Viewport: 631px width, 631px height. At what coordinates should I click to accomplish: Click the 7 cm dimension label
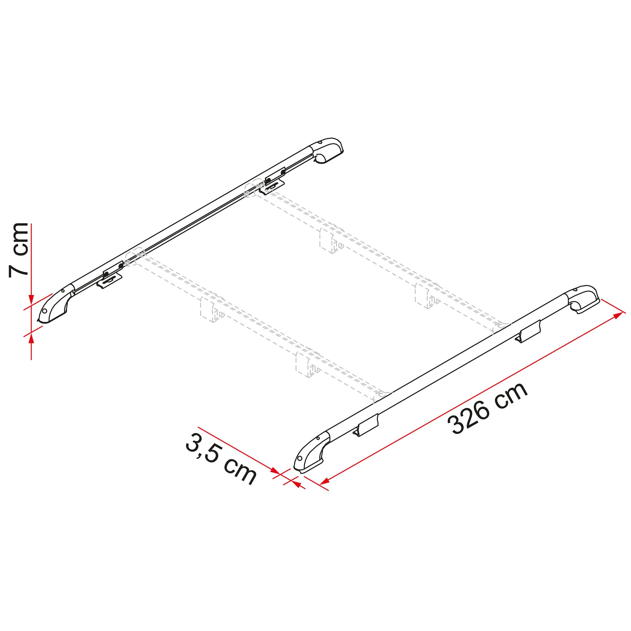(19, 250)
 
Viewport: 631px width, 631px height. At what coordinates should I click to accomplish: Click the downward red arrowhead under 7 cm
(31, 300)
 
